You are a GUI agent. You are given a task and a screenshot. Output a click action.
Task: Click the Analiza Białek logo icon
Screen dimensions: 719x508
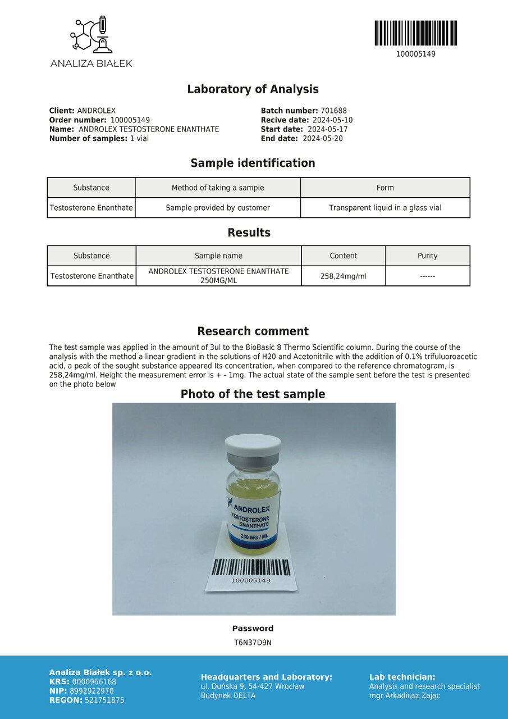click(x=91, y=35)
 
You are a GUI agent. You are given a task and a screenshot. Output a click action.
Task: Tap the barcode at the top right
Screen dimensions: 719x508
click(x=415, y=33)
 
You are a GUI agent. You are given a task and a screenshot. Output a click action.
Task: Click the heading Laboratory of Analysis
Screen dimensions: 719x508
click(x=253, y=89)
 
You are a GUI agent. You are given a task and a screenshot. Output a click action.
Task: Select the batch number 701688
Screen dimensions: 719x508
click(x=333, y=111)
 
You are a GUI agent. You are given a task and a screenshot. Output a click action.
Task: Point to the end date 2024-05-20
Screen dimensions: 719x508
click(x=322, y=139)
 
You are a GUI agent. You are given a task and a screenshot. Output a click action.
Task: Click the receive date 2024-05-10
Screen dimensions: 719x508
click(x=332, y=120)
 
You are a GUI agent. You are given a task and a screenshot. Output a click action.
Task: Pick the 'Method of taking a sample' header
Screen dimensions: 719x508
click(x=218, y=188)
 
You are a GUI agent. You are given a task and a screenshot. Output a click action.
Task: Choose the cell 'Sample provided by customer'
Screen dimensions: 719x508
click(x=218, y=208)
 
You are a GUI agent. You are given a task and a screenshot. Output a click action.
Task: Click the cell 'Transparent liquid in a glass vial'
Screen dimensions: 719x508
click(x=385, y=208)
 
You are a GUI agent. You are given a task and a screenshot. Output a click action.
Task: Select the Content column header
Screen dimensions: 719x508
click(x=344, y=256)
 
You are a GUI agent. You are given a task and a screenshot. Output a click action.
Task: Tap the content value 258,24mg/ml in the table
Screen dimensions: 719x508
click(x=344, y=276)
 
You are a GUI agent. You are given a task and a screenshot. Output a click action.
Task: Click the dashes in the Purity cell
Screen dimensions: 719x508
click(x=427, y=276)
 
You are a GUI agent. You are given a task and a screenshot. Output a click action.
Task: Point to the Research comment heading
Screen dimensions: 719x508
click(x=253, y=331)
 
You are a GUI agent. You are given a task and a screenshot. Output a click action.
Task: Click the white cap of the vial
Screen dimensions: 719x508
click(x=253, y=445)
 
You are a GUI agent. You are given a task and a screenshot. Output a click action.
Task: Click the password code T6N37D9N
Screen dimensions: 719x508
click(x=253, y=643)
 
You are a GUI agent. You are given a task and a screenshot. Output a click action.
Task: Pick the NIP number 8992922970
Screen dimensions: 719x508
click(x=93, y=691)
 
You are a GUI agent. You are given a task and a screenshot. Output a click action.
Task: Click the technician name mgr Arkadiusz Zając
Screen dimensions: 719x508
click(x=405, y=695)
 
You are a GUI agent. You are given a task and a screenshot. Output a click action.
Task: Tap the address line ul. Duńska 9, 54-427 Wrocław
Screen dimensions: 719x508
click(x=253, y=686)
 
